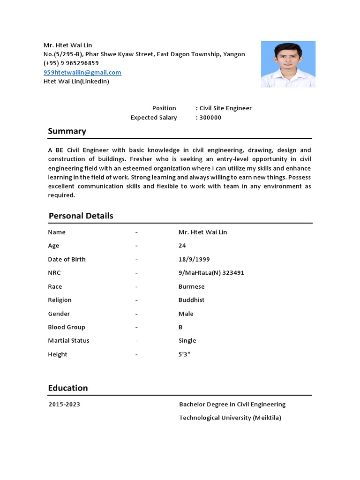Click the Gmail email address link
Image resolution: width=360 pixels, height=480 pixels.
82,72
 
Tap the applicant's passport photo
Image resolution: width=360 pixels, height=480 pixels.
288,64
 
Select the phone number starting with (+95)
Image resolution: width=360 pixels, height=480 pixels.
71,63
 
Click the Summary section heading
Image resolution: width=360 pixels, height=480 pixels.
67,131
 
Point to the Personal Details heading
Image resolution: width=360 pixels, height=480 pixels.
81,216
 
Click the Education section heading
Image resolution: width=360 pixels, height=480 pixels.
68,388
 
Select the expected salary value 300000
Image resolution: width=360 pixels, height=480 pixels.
210,118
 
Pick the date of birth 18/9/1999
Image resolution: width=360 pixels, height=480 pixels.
194,259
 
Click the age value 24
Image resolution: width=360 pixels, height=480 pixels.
182,246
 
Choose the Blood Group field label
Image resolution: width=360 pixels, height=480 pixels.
67,327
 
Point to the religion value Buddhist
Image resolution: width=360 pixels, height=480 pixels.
191,300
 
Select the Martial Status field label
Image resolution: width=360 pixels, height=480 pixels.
68,341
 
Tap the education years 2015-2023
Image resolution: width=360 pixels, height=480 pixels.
64,404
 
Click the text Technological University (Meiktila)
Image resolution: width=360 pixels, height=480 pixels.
230,418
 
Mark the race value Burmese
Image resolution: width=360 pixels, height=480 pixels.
191,286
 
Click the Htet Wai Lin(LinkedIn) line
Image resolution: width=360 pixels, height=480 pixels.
76,82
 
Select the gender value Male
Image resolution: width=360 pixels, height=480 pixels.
186,314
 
